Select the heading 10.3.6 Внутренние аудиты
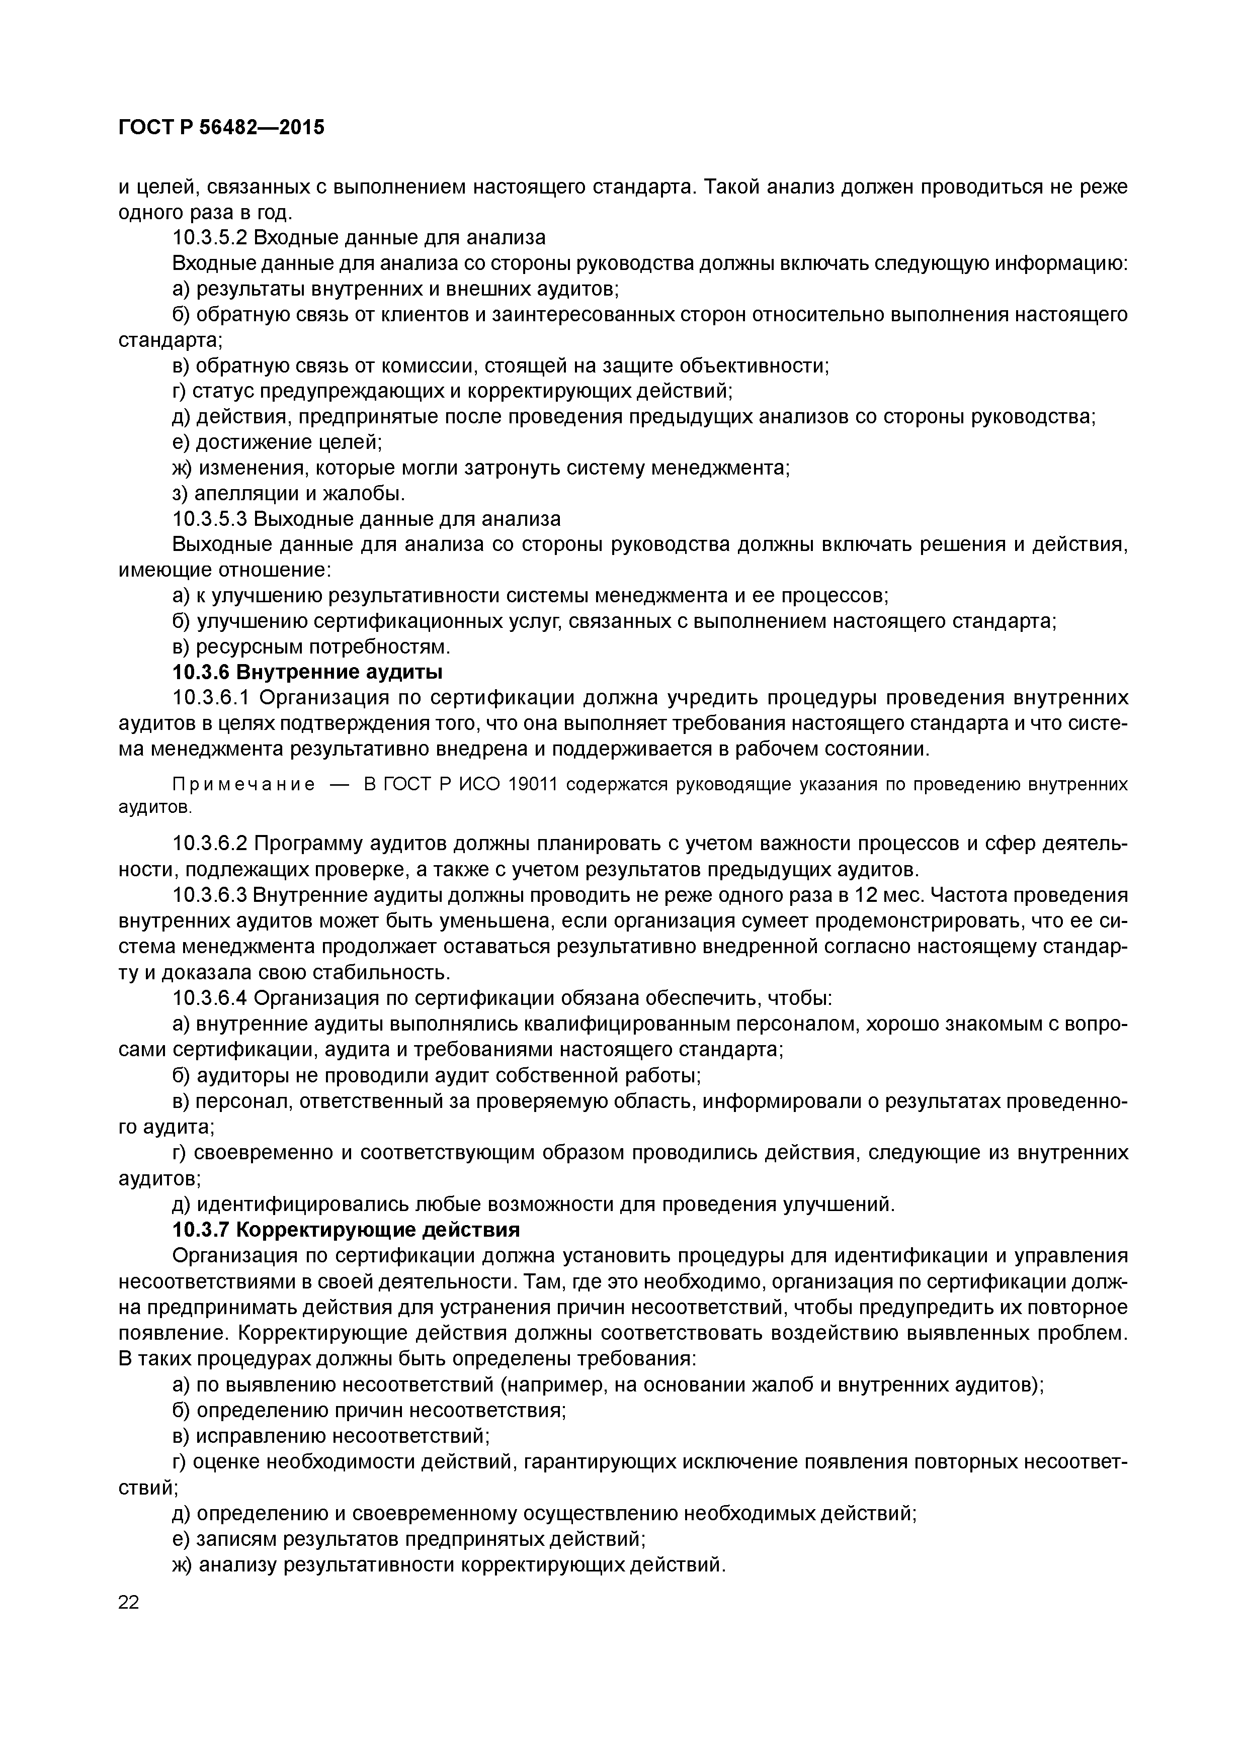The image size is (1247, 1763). pyautogui.click(x=307, y=672)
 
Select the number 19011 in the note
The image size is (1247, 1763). pyautogui.click(x=538, y=784)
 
